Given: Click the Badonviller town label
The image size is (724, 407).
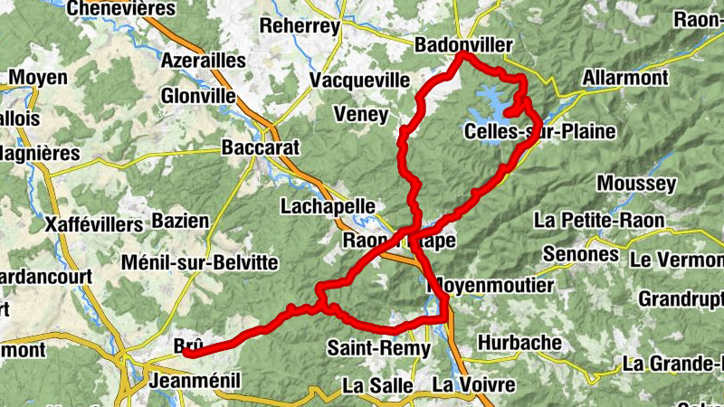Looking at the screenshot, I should (x=462, y=44).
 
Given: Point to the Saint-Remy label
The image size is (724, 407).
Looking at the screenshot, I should (x=368, y=346).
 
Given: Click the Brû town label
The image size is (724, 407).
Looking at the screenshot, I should (x=187, y=345).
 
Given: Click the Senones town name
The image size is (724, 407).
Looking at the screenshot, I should (x=579, y=254).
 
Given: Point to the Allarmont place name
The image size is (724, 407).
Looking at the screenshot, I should (x=625, y=78).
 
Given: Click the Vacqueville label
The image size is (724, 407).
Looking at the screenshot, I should (x=359, y=80).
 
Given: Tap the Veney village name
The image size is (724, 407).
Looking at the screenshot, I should (x=360, y=115).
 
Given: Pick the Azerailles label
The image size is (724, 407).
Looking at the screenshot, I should (x=203, y=61).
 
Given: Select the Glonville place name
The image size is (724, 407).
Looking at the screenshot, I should (x=197, y=96).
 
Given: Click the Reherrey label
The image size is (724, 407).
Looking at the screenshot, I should (x=300, y=26).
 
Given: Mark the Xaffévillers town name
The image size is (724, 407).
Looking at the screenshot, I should (x=93, y=223).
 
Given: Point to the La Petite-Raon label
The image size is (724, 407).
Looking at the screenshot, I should (x=599, y=220).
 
